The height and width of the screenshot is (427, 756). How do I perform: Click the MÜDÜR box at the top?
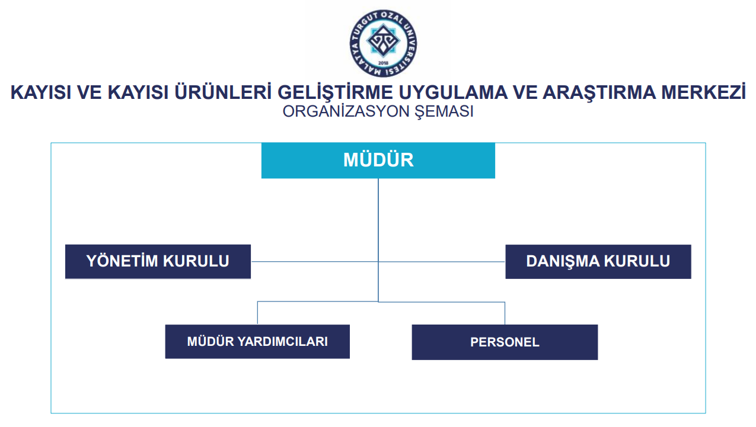click(x=378, y=160)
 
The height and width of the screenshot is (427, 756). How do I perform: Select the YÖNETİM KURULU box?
click(x=158, y=262)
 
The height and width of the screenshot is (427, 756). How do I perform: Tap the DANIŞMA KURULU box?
click(x=598, y=262)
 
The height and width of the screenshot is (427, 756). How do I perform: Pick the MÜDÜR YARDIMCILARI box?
click(x=257, y=341)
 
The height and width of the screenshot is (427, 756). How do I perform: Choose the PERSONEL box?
click(x=505, y=342)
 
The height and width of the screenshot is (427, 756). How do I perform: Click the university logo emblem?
click(x=383, y=43)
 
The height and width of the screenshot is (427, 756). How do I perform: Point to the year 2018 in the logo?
click(x=383, y=63)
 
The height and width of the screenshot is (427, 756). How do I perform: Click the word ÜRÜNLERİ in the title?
click(x=223, y=92)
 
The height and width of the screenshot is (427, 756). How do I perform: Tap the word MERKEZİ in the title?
click(x=703, y=92)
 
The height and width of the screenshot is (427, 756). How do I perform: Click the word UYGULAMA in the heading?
click(x=453, y=92)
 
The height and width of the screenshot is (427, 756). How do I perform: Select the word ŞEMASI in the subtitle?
click(x=444, y=112)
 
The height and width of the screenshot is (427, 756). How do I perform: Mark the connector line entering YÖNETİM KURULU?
click(x=314, y=262)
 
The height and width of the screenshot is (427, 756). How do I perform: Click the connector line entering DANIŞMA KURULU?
click(x=442, y=262)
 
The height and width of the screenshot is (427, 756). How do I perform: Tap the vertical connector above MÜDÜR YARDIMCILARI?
click(x=257, y=313)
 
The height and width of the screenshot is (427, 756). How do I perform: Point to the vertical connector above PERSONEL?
click(x=505, y=313)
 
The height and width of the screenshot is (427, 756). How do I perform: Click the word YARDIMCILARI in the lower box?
click(x=282, y=341)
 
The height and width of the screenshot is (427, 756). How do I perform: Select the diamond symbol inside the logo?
click(x=383, y=40)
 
